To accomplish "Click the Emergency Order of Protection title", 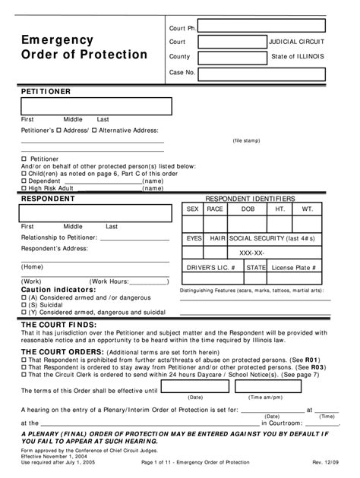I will [x=84, y=47].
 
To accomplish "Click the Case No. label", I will [x=182, y=73].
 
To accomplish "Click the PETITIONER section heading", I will [x=46, y=91].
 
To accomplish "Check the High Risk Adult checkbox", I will [x=23, y=188].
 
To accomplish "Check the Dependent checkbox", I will [x=23, y=181].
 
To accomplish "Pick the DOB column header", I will [x=248, y=209].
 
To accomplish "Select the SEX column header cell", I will [x=192, y=209].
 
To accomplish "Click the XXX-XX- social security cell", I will [x=251, y=253].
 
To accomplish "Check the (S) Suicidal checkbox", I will [x=23, y=305].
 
